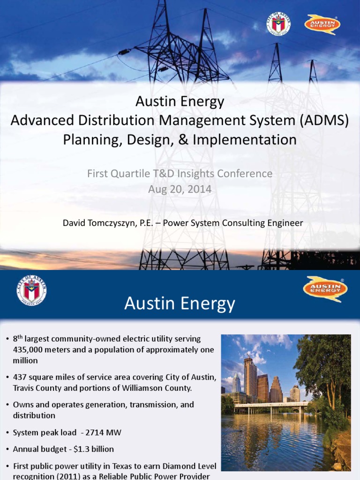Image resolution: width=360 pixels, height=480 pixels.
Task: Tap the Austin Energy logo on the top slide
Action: pyautogui.click(x=322, y=24)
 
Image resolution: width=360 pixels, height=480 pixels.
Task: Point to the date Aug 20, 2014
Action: pyautogui.click(x=180, y=189)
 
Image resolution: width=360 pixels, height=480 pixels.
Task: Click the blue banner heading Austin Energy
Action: pyautogui.click(x=180, y=304)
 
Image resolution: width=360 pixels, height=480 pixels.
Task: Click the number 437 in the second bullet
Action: pyautogui.click(x=20, y=377)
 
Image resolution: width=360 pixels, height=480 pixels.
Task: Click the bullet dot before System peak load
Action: pyautogui.click(x=7, y=433)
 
